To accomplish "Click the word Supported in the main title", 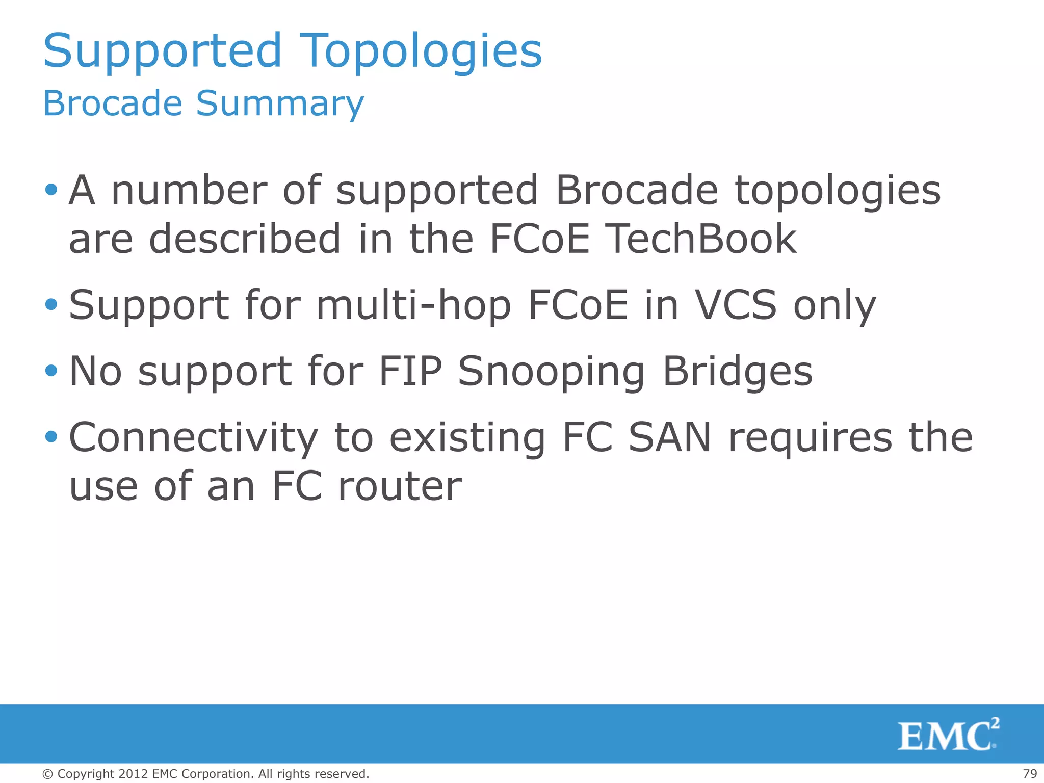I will point(162,51).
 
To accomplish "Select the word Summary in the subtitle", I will point(280,103).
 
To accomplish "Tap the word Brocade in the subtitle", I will point(113,103).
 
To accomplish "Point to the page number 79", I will point(1030,774).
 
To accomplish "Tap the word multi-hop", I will point(413,306).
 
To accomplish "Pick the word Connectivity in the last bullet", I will point(193,437).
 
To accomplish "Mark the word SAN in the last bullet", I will point(669,437).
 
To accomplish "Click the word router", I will point(400,486).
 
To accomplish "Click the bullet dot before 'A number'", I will point(51,190).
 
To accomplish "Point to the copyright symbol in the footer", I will point(48,774).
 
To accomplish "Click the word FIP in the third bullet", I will point(410,371).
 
